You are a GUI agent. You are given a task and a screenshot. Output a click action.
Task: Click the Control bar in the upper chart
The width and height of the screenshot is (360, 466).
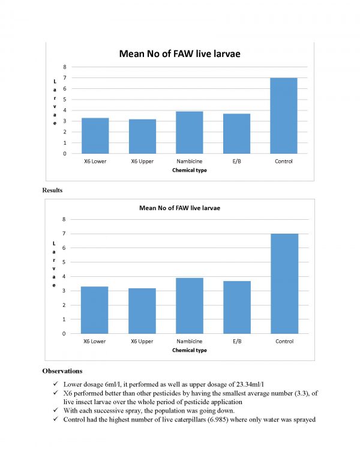point(284,116)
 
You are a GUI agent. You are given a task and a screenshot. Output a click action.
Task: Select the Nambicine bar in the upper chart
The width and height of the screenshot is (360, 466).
point(189,133)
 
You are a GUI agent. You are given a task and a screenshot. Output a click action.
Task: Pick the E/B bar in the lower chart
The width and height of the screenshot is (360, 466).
point(237,307)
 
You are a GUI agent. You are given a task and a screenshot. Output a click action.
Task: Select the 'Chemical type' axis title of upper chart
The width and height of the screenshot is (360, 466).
point(189,171)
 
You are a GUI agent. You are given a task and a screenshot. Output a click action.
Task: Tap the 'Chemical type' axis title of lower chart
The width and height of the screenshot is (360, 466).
point(189,349)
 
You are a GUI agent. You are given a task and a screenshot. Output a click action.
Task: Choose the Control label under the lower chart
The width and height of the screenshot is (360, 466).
point(284,341)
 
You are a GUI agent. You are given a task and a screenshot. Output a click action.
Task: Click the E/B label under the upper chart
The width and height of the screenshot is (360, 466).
point(236,162)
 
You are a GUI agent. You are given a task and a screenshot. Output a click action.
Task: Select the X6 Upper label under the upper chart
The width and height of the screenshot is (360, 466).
point(142,162)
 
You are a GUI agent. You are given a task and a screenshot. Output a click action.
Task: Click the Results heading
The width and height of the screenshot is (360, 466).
point(52,190)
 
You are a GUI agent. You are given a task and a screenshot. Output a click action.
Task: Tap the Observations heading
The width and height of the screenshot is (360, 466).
point(62,371)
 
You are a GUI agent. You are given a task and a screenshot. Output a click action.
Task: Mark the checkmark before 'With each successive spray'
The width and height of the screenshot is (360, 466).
point(55,411)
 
